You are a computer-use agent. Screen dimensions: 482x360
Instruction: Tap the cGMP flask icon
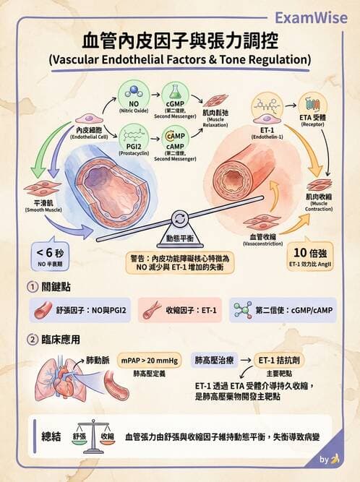(x=173, y=92)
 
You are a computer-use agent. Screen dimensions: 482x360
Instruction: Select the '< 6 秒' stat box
(x=51, y=256)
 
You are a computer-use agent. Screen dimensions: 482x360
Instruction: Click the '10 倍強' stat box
(x=310, y=256)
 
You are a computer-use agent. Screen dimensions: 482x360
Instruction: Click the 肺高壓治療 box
(x=214, y=359)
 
